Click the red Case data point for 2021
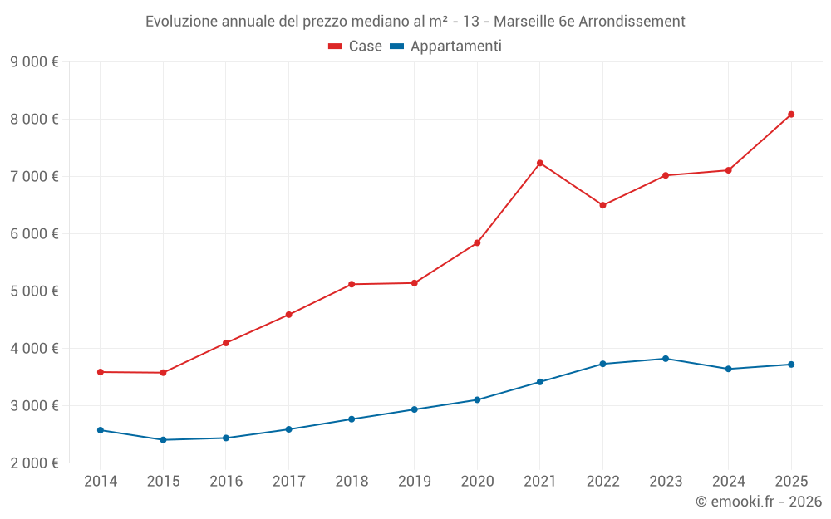(540, 163)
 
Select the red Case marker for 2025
(791, 115)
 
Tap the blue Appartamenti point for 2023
(666, 359)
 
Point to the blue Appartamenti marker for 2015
(163, 440)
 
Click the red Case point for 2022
(602, 205)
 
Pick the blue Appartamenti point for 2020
(477, 399)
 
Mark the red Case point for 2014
(101, 372)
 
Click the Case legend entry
(356, 47)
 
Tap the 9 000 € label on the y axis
(34, 61)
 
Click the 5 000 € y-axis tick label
(34, 291)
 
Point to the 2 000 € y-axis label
(34, 463)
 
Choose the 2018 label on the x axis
(352, 481)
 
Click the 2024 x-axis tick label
(728, 481)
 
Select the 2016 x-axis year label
(226, 481)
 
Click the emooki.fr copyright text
(759, 502)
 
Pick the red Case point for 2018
(352, 284)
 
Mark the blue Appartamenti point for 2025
(791, 365)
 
